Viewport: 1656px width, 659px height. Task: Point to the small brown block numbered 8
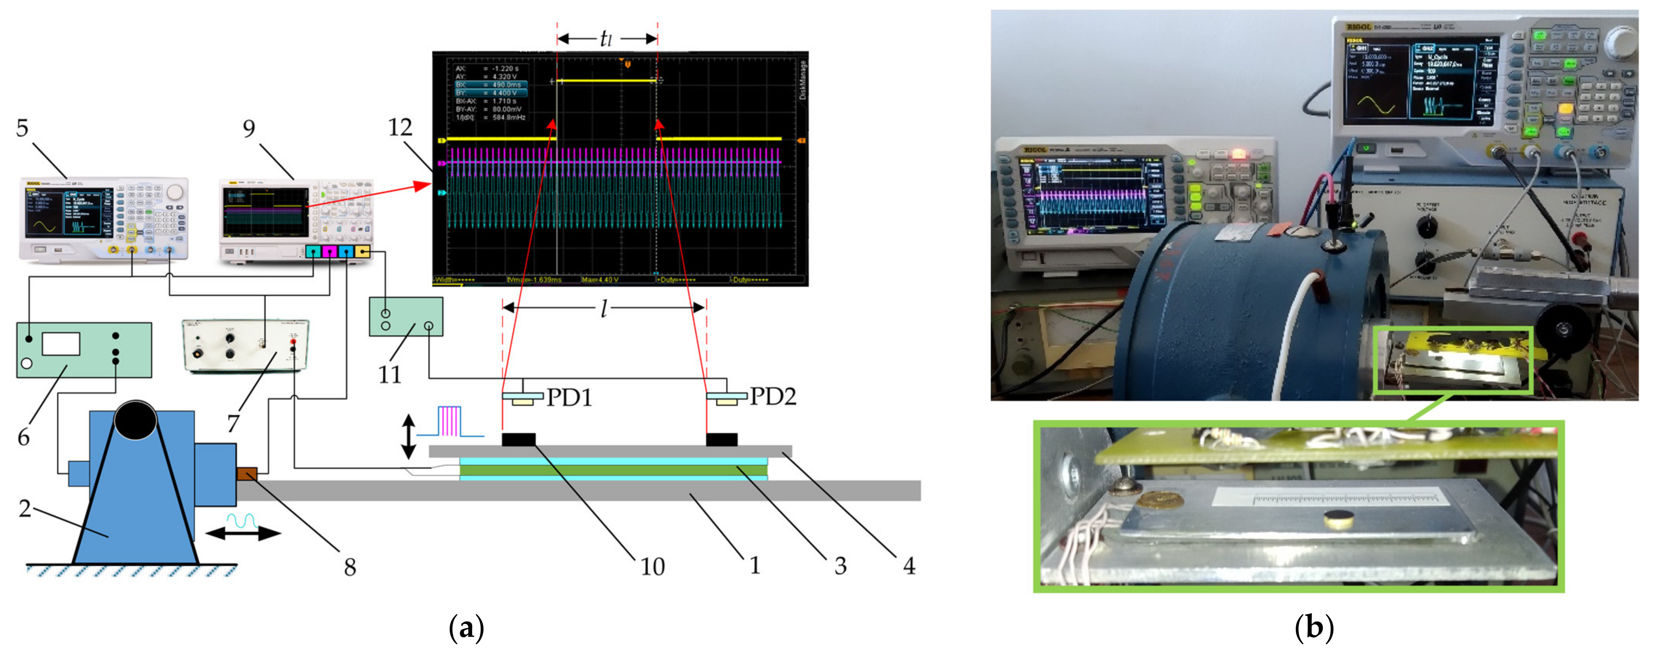click(x=247, y=475)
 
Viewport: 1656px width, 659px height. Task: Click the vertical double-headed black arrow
click(x=408, y=436)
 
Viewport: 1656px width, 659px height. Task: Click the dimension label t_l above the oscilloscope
click(x=606, y=39)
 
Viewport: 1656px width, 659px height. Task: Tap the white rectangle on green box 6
click(x=61, y=344)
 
